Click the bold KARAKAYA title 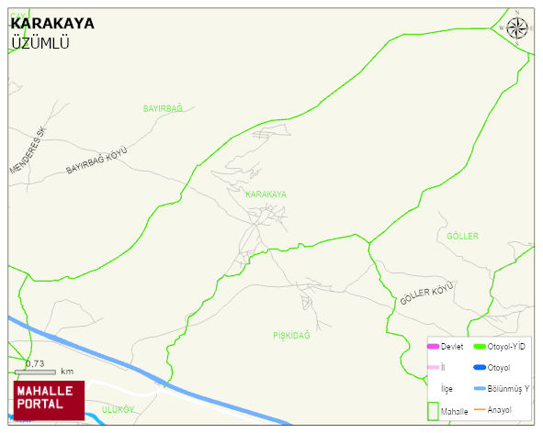click(x=51, y=24)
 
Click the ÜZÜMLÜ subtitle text click(x=40, y=42)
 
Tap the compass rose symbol click(x=518, y=28)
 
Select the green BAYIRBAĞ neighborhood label click(x=163, y=108)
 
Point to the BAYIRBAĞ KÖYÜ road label click(x=96, y=162)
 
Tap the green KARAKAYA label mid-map click(x=266, y=194)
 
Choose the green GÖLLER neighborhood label click(x=462, y=237)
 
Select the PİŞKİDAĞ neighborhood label click(x=291, y=336)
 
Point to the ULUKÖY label click(x=119, y=408)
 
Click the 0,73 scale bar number click(x=35, y=363)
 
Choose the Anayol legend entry click(x=499, y=409)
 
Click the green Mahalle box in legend click(x=435, y=409)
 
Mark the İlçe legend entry click(x=447, y=389)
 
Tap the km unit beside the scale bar click(x=67, y=372)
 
